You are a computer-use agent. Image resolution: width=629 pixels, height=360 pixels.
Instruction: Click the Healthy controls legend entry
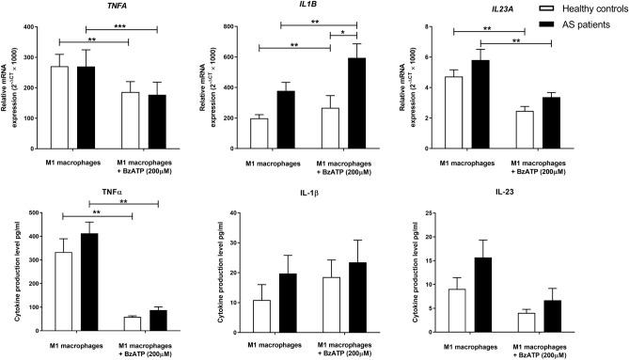click(x=588, y=8)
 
